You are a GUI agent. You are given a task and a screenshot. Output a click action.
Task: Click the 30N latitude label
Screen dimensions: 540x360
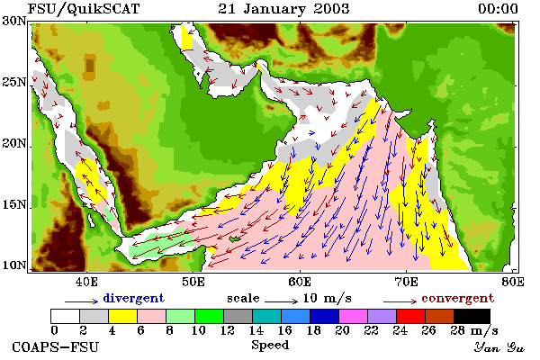coord(14,21)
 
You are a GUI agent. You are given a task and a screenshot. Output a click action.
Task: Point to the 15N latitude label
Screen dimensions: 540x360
coord(14,205)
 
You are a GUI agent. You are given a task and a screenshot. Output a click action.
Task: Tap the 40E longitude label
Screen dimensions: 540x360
coord(86,282)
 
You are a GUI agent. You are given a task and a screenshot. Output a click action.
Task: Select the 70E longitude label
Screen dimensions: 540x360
coord(407,282)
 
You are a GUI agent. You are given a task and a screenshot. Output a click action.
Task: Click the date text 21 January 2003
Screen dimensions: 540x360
coord(283,9)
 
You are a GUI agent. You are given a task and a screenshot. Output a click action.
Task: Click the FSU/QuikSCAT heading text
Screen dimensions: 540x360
coord(84,9)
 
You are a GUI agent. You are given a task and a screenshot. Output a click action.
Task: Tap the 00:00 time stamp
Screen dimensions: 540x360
coord(498,9)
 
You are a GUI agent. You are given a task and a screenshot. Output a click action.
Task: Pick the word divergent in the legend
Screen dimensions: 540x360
coord(133,298)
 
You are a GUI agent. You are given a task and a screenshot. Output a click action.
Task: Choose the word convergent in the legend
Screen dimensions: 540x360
coord(458,298)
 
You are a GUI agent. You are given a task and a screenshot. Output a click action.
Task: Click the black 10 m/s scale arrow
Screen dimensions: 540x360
coord(281,301)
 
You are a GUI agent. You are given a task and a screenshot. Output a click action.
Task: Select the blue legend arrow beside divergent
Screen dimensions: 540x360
coord(81,301)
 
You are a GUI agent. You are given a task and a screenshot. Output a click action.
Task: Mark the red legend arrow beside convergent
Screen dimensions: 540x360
coord(400,301)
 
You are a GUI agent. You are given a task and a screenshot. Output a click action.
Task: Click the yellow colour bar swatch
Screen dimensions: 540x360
coord(123,316)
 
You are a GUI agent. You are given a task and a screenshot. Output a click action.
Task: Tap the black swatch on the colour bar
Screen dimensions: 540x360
coord(472,316)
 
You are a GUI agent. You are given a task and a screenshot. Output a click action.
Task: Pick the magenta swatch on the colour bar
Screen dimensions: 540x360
coord(354,316)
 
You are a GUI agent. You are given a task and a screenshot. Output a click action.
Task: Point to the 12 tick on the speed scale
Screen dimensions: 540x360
coord(228,330)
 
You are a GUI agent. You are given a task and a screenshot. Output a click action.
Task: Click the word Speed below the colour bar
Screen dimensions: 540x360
coord(270,346)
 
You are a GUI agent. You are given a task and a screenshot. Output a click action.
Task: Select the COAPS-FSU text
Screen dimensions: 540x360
coord(55,346)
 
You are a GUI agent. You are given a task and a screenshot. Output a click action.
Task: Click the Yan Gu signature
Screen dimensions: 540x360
coord(499,347)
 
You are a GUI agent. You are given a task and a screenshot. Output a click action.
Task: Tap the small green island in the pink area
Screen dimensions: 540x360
coord(235,239)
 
